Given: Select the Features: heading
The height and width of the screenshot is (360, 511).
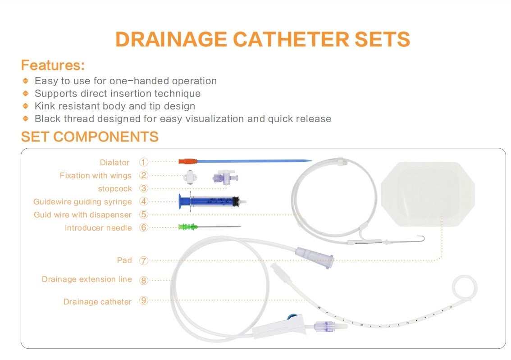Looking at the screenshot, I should (53, 65).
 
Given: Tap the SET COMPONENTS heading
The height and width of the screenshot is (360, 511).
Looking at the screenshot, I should (90, 137).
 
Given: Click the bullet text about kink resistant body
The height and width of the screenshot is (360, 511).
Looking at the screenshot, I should (115, 106).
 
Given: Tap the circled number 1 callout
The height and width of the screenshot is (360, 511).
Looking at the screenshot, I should (143, 162).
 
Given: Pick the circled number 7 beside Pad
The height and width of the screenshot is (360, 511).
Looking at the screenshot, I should (143, 260).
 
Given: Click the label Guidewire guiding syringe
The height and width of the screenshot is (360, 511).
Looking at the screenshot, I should (82, 202).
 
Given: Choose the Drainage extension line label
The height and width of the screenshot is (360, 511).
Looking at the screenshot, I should (87, 279).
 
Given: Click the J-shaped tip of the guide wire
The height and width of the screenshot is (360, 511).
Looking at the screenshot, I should (423, 239).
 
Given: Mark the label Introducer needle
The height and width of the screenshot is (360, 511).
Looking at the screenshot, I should (98, 228).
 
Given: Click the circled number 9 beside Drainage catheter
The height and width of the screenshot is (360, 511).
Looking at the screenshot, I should (143, 301).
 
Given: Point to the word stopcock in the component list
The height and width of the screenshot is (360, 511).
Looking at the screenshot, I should (115, 189).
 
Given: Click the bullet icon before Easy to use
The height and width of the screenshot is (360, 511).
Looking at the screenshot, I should (26, 82).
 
